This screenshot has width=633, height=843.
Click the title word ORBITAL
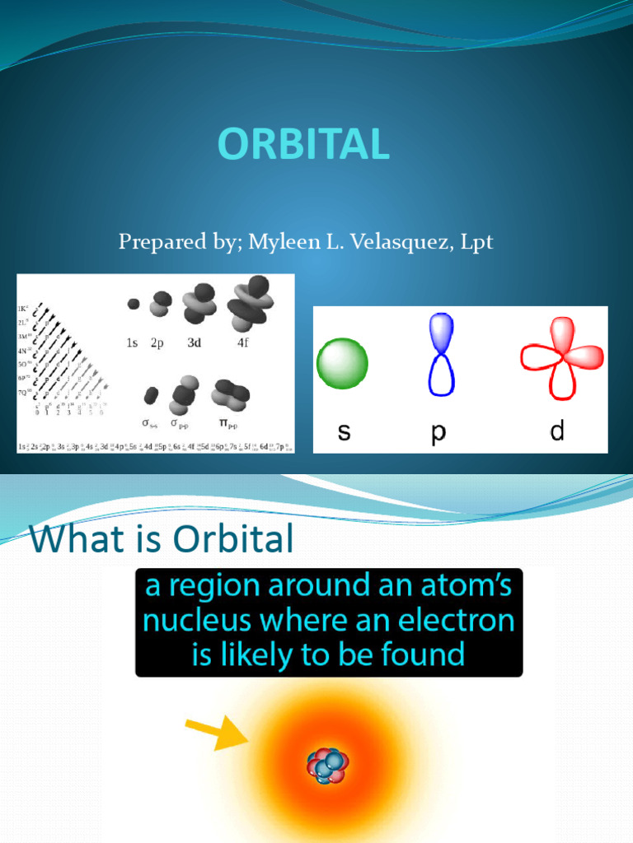(303, 146)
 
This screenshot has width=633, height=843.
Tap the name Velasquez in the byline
(387, 242)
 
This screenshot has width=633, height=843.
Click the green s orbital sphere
(342, 363)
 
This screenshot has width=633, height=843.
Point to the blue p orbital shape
(441, 354)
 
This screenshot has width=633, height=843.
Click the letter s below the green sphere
(344, 431)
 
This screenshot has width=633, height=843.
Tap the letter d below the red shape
(557, 431)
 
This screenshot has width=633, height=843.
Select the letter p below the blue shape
(438, 433)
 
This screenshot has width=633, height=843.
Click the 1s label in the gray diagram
(132, 343)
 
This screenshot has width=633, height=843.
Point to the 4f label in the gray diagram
(242, 343)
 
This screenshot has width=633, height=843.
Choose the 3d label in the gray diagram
(194, 343)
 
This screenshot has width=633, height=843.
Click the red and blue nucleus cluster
(328, 765)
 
